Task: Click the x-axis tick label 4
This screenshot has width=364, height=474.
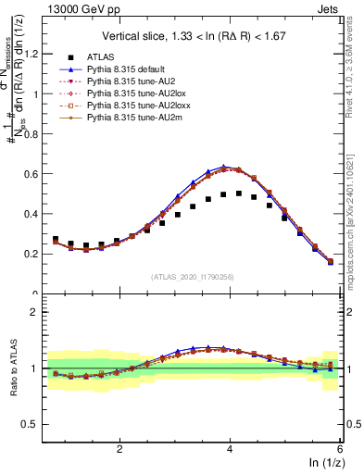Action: click(230, 448)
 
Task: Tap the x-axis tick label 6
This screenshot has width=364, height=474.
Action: click(340, 448)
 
